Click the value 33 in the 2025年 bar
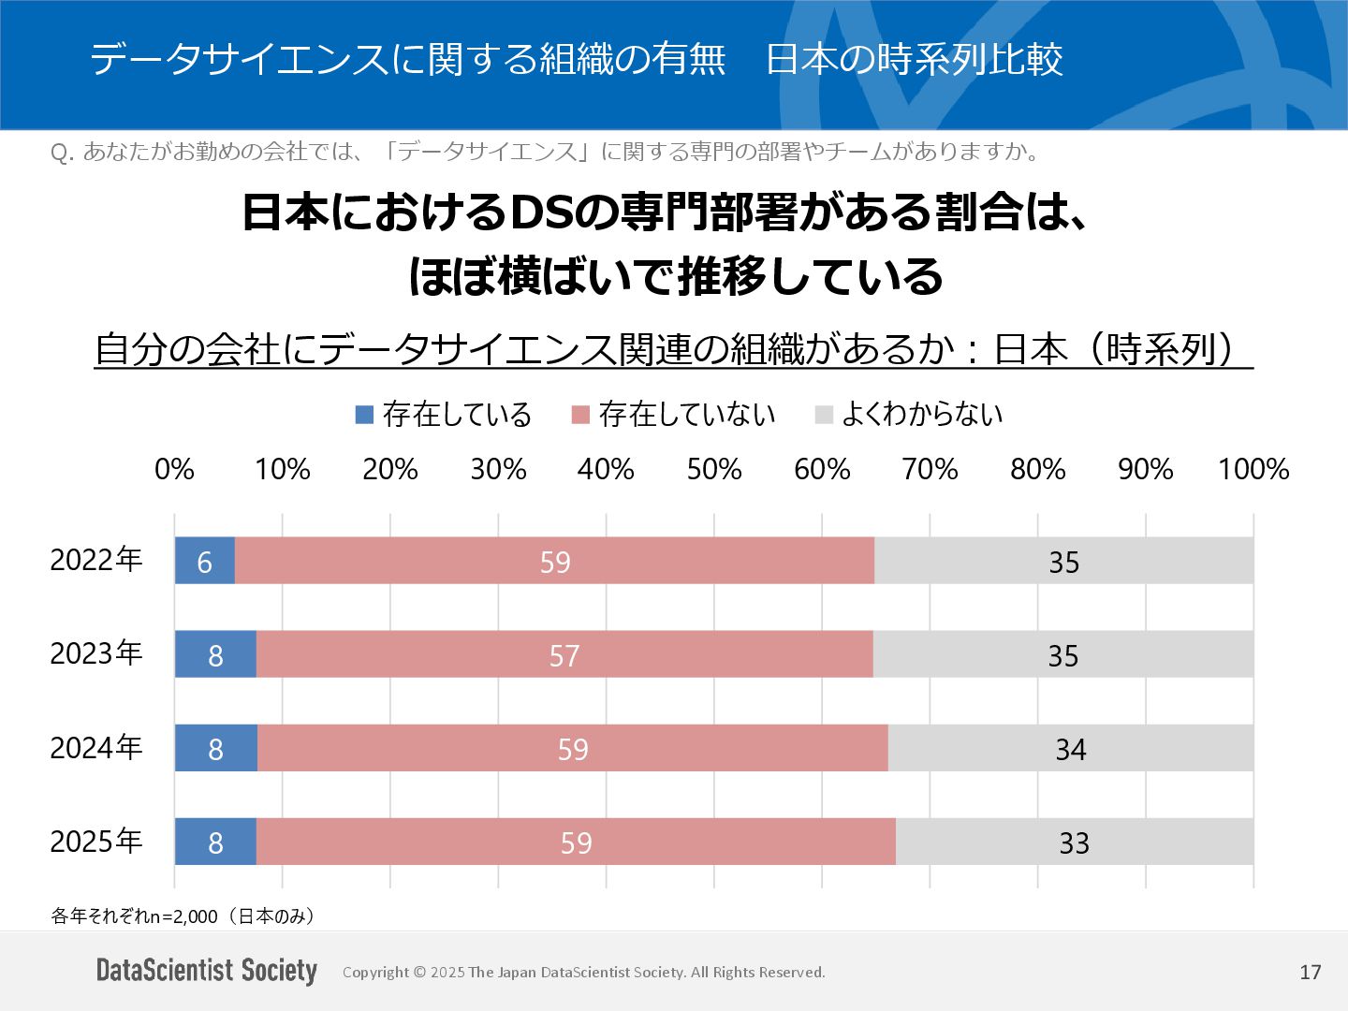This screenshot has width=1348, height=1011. [x=1074, y=842]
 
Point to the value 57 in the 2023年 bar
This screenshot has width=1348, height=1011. [x=564, y=655]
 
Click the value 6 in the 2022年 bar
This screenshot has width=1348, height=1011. [x=204, y=562]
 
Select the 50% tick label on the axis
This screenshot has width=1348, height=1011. [x=714, y=469]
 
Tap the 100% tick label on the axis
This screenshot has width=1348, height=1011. [x=1253, y=469]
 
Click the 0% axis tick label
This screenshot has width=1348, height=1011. [x=174, y=469]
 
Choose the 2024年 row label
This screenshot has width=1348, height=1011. [x=95, y=748]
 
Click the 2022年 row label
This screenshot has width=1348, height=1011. [x=95, y=560]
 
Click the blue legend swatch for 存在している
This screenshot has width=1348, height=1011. [x=365, y=414]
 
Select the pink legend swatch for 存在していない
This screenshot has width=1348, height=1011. [x=580, y=414]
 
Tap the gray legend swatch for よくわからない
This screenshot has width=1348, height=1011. [x=824, y=414]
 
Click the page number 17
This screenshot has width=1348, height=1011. [x=1310, y=972]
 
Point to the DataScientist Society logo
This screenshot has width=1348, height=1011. [x=207, y=970]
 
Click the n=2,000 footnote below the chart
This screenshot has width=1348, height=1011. [x=183, y=916]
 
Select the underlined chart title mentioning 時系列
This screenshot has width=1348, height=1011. [x=673, y=349]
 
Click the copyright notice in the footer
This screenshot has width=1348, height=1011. [x=583, y=972]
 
